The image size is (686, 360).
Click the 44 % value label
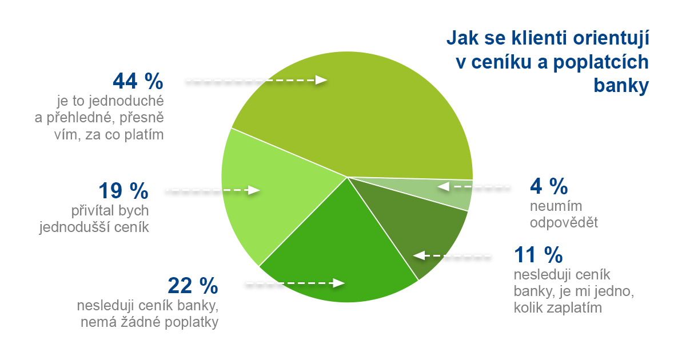(138, 81)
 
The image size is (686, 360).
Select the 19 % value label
(123, 190)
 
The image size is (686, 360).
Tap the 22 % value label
(193, 284)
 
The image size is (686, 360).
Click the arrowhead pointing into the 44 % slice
(321, 81)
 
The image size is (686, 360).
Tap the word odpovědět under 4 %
(564, 222)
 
